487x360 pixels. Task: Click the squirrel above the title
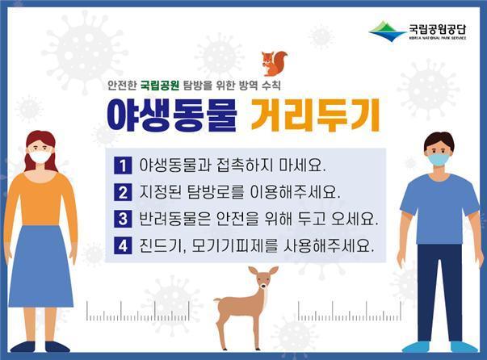275,63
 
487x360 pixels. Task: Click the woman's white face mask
39,157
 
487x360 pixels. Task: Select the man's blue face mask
438,160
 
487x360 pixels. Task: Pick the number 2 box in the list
123,193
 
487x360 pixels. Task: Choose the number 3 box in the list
123,220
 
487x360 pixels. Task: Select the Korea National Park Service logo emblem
387,32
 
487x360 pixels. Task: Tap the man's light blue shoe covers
440,347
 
